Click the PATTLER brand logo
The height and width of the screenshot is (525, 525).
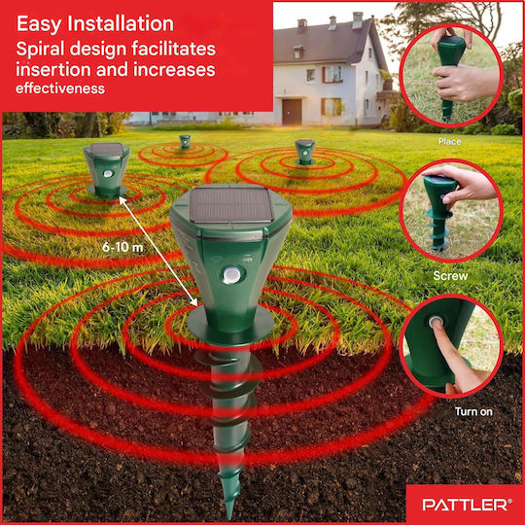[467, 505]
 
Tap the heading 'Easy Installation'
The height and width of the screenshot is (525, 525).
[95, 23]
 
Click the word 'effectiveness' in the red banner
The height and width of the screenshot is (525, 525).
[60, 88]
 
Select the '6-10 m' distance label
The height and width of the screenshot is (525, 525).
[122, 247]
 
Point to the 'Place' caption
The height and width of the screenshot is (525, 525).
[449, 141]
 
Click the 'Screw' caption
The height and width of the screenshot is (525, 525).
[450, 276]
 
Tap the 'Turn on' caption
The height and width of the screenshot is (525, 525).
[473, 411]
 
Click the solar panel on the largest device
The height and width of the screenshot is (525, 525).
[231, 204]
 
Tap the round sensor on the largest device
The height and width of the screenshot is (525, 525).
[232, 274]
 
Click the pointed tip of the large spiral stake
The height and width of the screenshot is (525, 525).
[229, 517]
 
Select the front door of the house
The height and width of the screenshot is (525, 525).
[292, 112]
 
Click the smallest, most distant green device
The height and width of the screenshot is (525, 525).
[185, 142]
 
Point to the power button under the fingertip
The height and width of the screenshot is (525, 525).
[436, 323]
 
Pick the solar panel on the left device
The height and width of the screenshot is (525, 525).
[107, 149]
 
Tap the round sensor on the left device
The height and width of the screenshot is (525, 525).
[108, 173]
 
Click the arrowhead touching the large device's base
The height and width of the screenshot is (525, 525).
[193, 302]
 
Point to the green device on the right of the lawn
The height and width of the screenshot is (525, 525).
[304, 152]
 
